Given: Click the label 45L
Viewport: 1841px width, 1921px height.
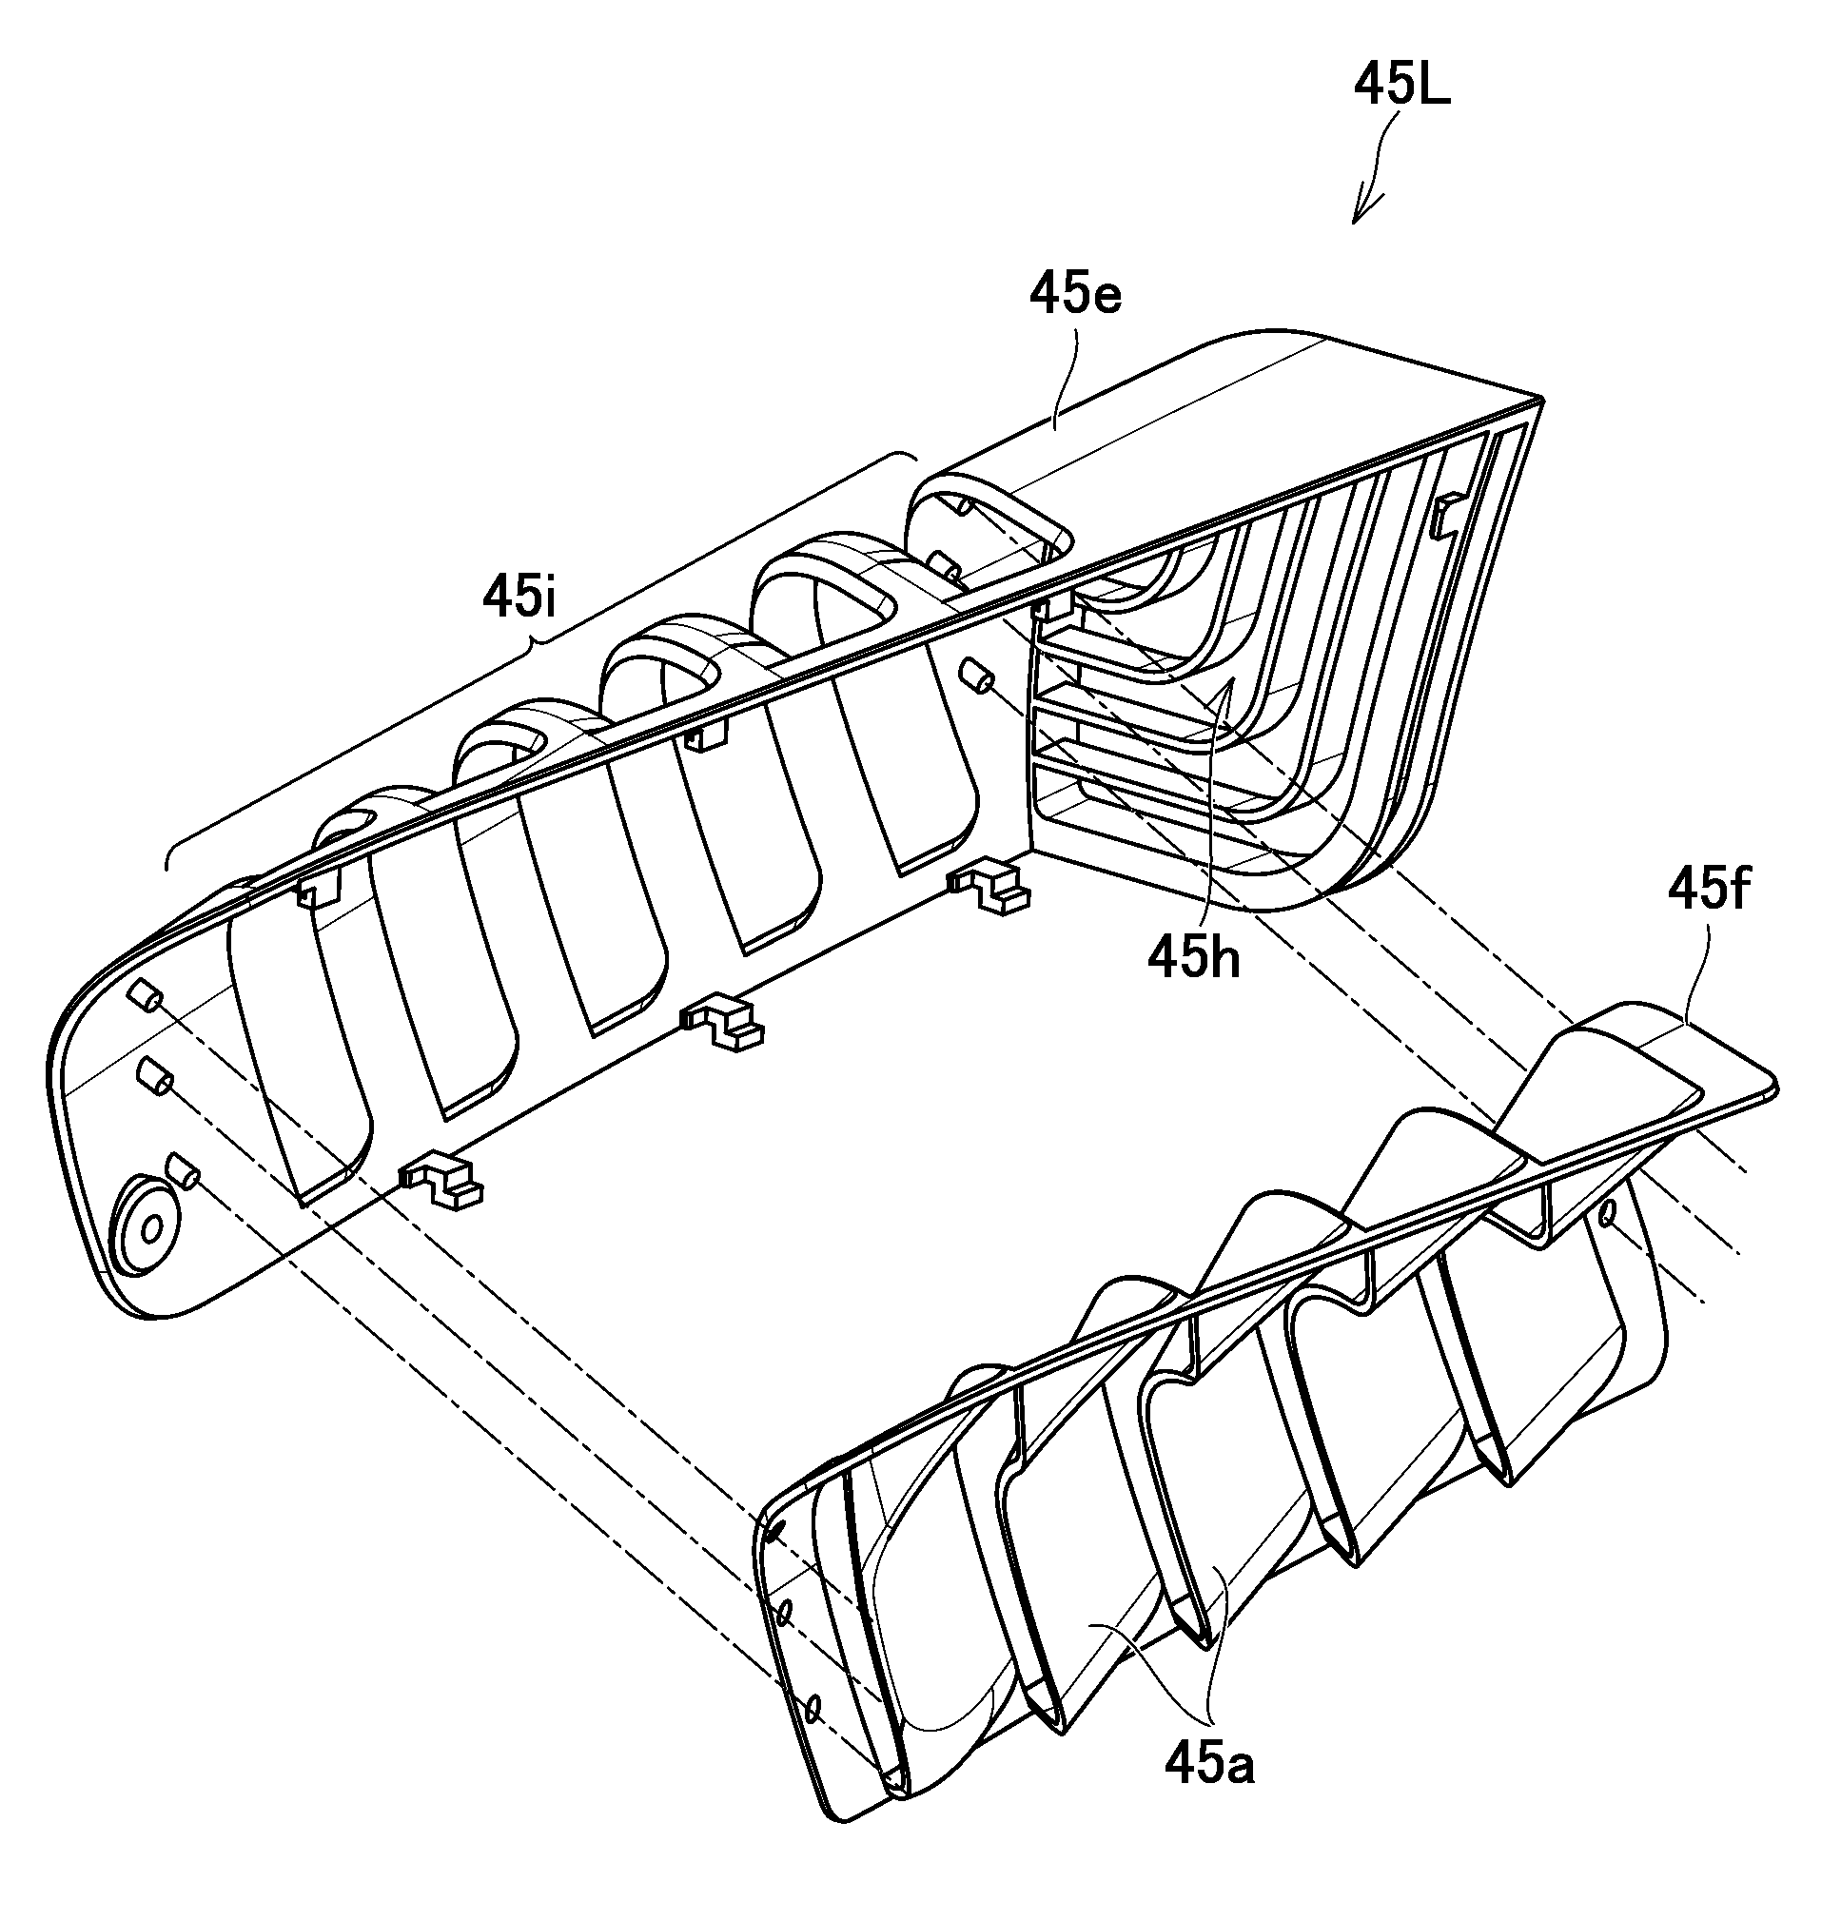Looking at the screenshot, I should tap(1400, 88).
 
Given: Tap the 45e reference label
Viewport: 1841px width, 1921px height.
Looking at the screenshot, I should tap(1074, 295).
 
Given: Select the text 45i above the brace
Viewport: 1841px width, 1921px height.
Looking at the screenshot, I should tap(519, 597).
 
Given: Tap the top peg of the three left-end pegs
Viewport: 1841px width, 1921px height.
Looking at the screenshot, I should tap(143, 996).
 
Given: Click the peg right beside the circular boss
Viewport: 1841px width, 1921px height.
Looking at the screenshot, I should tap(185, 1169).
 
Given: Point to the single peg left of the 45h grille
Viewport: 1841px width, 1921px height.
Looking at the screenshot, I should tap(976, 676).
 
